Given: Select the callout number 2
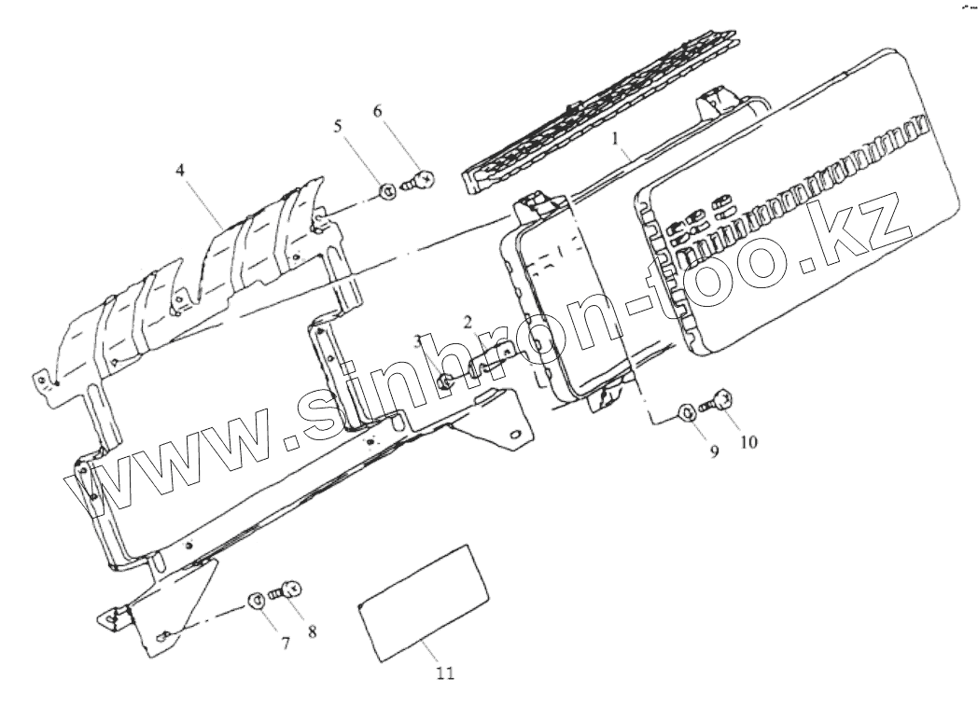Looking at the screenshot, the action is coord(468,323).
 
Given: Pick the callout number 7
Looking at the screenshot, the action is coord(286,643).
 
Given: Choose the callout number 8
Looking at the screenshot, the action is coord(312,631).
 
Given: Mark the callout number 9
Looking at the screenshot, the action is coord(713,451).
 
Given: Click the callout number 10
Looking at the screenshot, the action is coord(749,441).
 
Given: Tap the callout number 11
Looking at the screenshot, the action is coord(445,672).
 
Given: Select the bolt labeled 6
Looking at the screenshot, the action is coord(419,181).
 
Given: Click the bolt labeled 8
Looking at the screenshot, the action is coord(284,590).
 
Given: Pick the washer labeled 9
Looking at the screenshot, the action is coord(685,410).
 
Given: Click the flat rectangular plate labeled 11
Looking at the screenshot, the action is coord(425,603).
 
